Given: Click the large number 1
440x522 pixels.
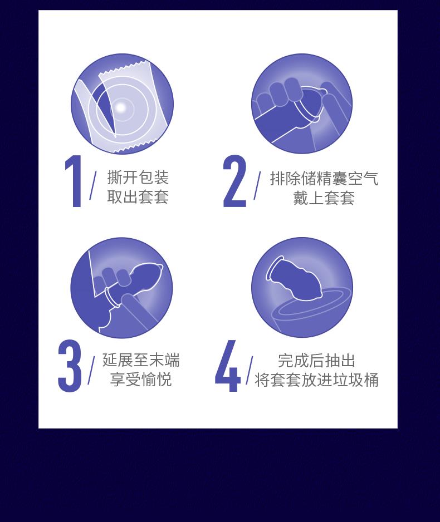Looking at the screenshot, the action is [x=74, y=181].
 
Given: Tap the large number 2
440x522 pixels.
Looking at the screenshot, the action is [x=234, y=181].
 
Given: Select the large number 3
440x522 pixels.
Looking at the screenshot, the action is [x=70, y=366].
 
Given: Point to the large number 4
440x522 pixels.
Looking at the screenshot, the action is [x=228, y=366].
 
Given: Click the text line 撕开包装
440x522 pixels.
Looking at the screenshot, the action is [x=138, y=177].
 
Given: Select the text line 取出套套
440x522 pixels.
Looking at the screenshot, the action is [x=138, y=197].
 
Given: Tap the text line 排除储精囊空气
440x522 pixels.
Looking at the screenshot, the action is [x=324, y=178].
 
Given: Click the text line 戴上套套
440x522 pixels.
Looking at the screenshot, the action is [x=324, y=198].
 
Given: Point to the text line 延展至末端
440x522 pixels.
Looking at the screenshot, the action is [x=141, y=360].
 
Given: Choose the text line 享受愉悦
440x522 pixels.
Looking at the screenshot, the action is [x=141, y=379].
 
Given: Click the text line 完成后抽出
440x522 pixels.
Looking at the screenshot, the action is [x=316, y=360].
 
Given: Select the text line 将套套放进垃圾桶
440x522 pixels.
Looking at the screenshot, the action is [x=317, y=380].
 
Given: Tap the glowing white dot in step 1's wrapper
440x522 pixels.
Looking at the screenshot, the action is [x=121, y=107].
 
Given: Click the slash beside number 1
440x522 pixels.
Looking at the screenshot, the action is [x=93, y=185].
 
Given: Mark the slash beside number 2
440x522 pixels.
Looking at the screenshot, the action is [x=257, y=185].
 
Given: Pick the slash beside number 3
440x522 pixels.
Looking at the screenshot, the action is [x=91, y=370].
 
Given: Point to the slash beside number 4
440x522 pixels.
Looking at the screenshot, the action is [x=250, y=370].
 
